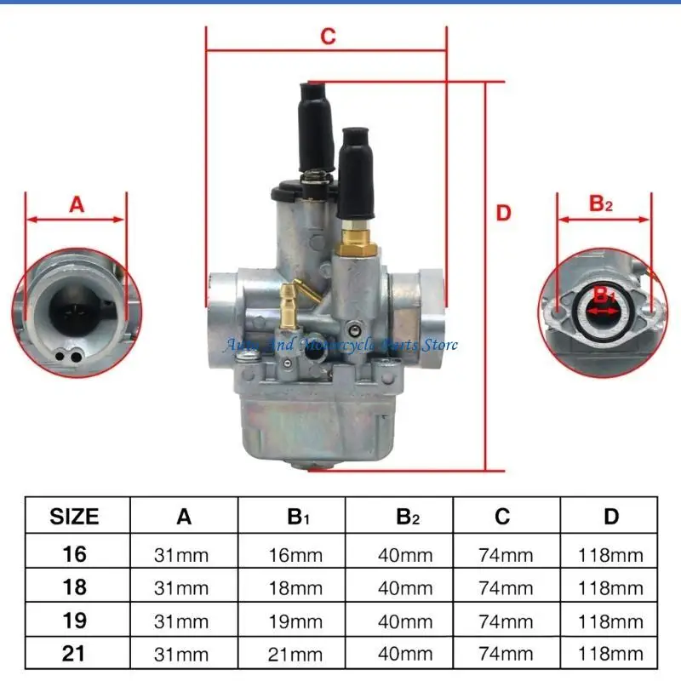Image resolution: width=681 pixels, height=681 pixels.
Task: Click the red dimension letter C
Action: tap(328, 36)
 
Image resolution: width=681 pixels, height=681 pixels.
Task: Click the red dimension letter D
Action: tap(503, 214)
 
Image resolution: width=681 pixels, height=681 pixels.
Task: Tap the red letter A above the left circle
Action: tap(77, 204)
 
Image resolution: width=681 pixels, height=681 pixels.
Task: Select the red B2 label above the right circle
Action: tap(601, 203)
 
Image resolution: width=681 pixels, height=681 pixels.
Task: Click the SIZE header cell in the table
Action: tap(74, 517)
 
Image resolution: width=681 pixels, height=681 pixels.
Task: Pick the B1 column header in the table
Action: tap(298, 517)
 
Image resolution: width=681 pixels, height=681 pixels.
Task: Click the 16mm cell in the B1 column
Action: tap(295, 555)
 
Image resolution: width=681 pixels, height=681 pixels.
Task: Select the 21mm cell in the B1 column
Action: tap(295, 655)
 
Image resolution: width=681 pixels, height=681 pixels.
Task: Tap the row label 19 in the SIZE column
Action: tap(74, 621)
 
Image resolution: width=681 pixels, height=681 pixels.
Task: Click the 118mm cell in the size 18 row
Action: tap(610, 588)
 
